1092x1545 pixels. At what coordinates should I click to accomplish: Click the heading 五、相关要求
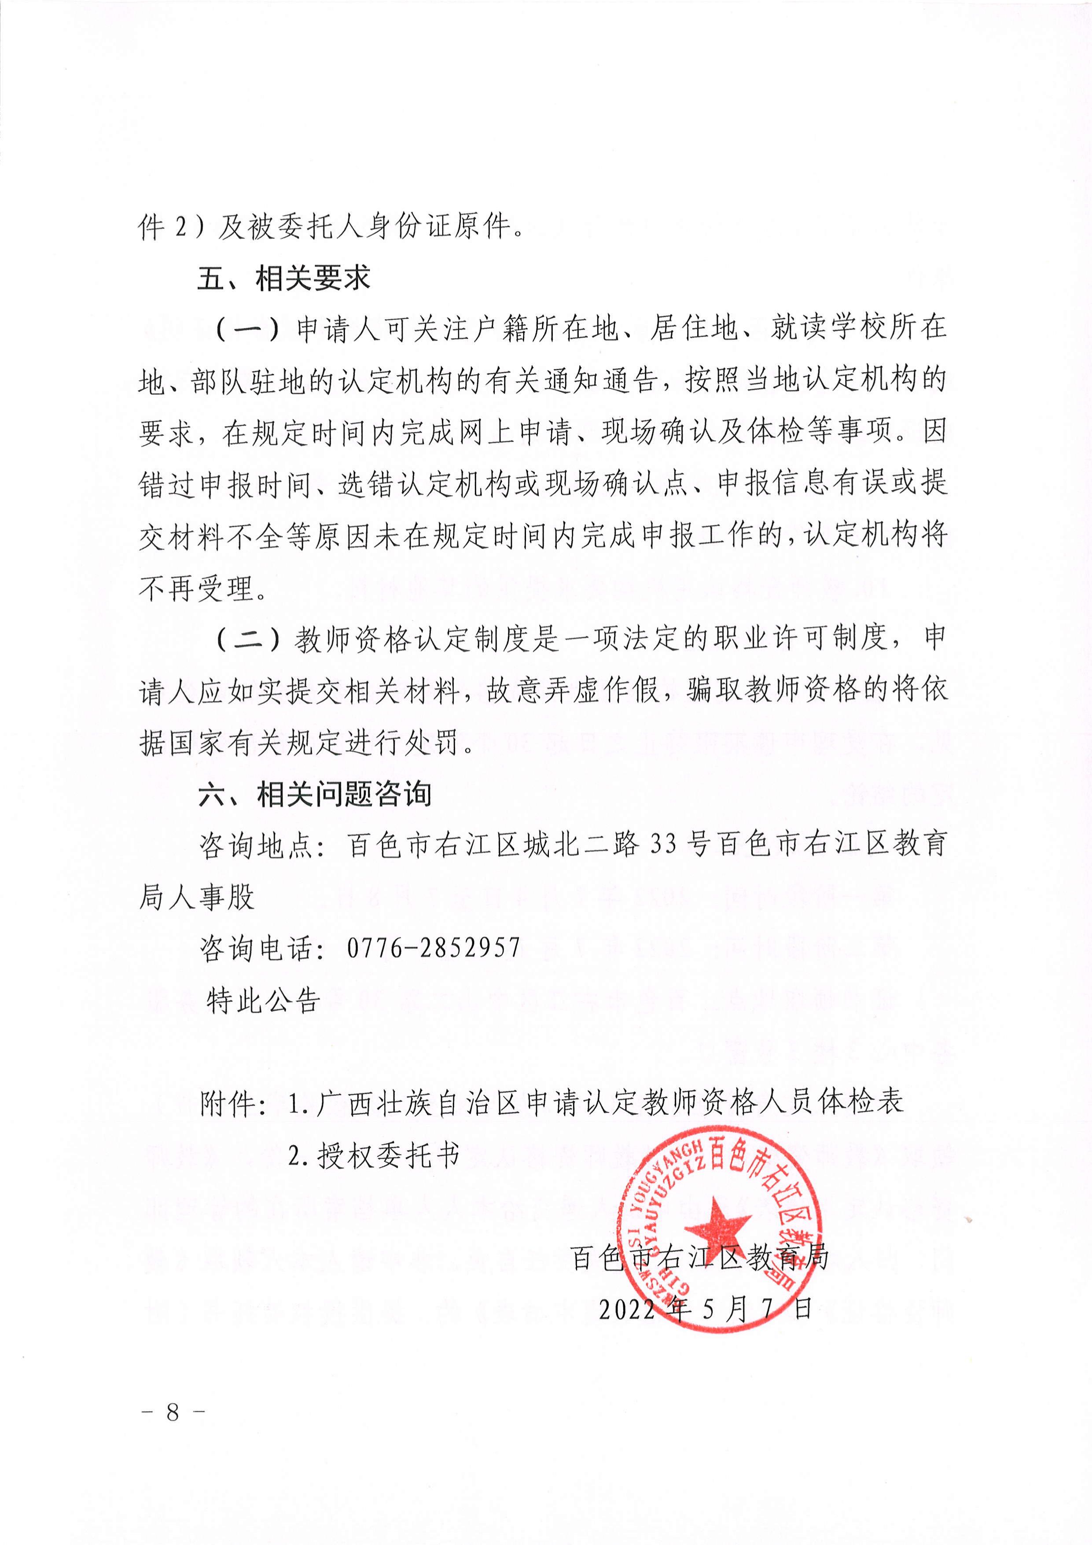click(283, 278)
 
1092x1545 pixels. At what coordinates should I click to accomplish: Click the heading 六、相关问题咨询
click(314, 794)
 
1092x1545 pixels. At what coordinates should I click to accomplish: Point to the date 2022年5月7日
click(706, 1309)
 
